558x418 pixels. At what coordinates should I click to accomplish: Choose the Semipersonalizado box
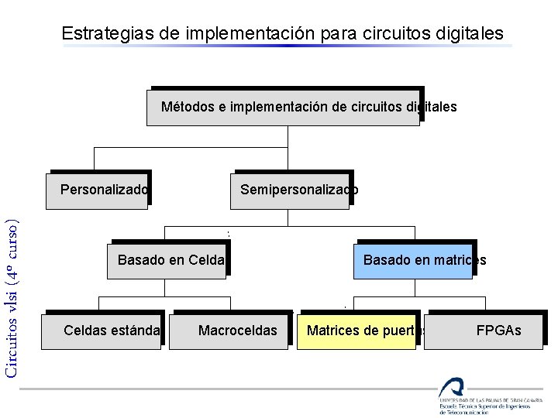click(291, 190)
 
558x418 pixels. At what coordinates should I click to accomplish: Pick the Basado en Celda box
click(169, 260)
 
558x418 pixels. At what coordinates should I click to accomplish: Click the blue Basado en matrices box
click(413, 260)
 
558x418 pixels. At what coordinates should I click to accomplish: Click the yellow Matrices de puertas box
click(358, 331)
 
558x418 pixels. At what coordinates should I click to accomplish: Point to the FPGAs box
click(488, 331)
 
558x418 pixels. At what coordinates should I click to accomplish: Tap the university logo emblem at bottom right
click(451, 388)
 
